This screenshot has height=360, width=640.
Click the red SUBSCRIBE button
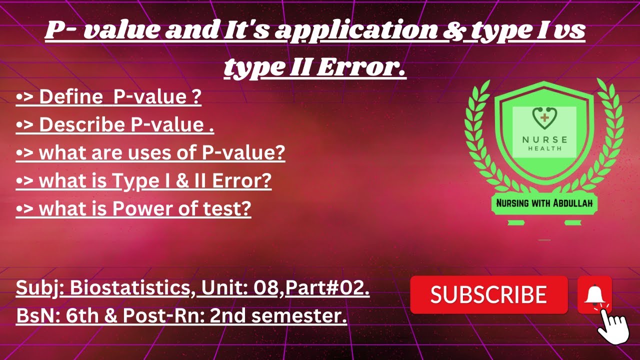click(x=488, y=294)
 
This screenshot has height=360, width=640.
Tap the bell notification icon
click(x=594, y=294)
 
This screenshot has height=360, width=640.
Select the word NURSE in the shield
click(x=544, y=139)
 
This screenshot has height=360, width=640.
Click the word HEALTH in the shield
click(x=544, y=148)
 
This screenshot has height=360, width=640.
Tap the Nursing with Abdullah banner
click(x=544, y=203)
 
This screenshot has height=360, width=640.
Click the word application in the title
click(x=355, y=31)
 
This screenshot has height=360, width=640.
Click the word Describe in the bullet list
click(x=83, y=125)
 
